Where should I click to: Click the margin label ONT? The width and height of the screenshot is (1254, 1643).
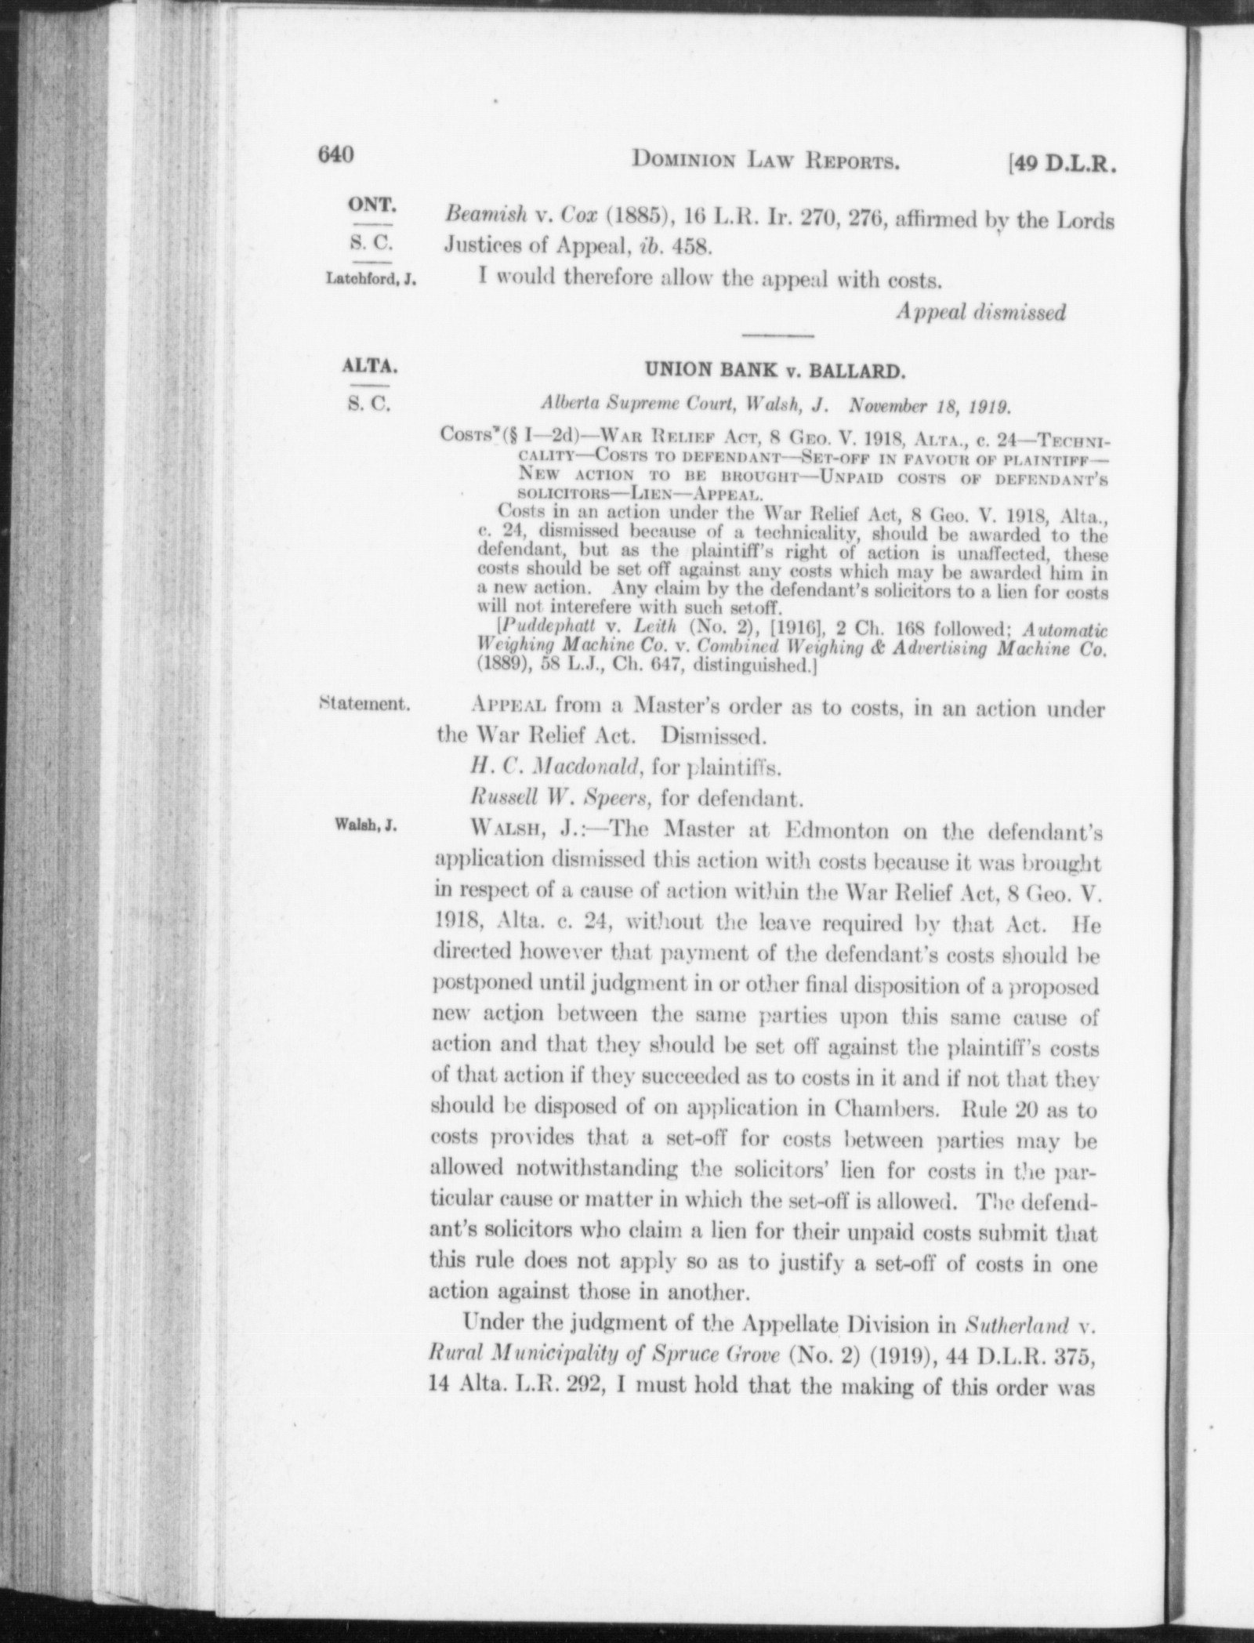371,206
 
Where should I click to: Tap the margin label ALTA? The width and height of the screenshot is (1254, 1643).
370,366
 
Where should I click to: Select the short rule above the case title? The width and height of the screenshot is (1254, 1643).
777,336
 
